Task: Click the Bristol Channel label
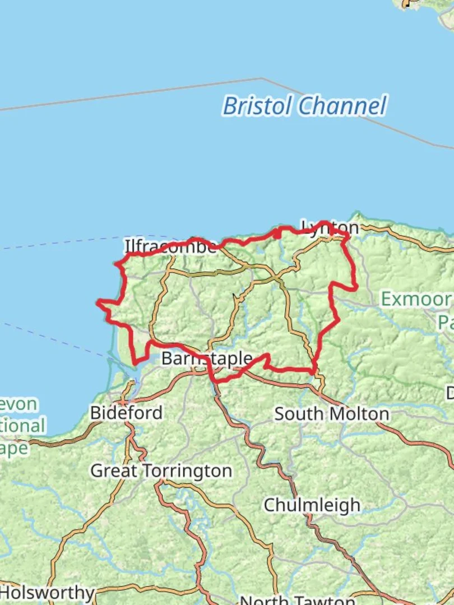pyautogui.click(x=304, y=106)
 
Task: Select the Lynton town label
pyautogui.click(x=330, y=227)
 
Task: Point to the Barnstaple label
pyautogui.click(x=207, y=358)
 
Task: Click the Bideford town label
pyautogui.click(x=126, y=413)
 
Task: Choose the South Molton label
pyautogui.click(x=331, y=414)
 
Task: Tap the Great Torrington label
pyautogui.click(x=161, y=471)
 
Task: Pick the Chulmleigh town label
pyautogui.click(x=312, y=505)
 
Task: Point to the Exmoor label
pyautogui.click(x=415, y=299)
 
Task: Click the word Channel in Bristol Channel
pyautogui.click(x=342, y=106)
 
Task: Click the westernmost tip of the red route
pyautogui.click(x=98, y=302)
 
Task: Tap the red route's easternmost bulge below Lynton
pyautogui.click(x=356, y=287)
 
